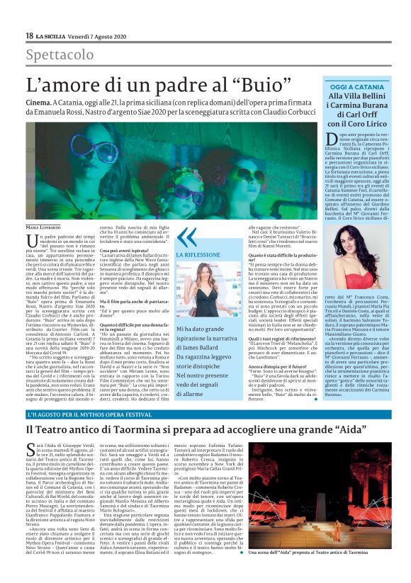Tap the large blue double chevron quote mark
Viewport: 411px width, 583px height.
[186, 238]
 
